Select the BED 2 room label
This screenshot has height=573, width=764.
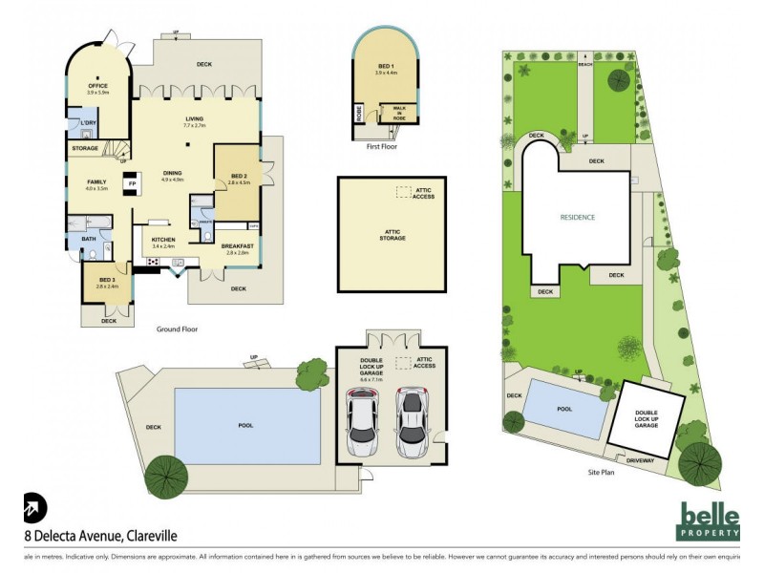click(239, 178)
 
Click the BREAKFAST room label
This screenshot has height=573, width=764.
click(236, 246)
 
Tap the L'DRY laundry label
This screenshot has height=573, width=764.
click(88, 123)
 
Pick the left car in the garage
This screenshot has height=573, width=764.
click(362, 422)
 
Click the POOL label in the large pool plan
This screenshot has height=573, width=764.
click(244, 424)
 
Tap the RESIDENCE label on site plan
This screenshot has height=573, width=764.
click(577, 217)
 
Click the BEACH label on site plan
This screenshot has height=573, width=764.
click(584, 64)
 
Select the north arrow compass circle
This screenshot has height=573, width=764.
click(33, 507)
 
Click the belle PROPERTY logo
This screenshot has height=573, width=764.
click(708, 520)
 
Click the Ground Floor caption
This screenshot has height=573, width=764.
click(177, 329)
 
